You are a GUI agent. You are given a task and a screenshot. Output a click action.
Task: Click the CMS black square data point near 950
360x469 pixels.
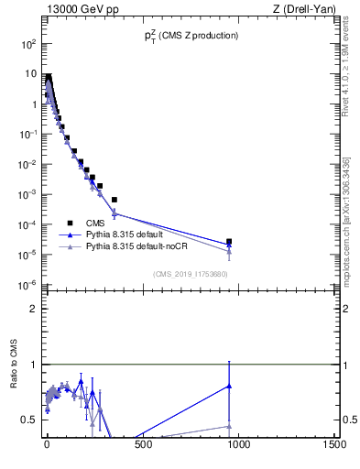pos(229,242)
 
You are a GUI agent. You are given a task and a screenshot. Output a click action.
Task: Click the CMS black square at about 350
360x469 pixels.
pos(114,200)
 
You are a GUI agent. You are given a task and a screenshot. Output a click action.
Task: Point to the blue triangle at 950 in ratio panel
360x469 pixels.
pos(229,386)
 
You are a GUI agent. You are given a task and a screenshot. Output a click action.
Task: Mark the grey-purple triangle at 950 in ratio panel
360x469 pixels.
pos(229,426)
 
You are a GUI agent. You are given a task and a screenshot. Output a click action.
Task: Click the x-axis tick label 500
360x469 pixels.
pos(142,446)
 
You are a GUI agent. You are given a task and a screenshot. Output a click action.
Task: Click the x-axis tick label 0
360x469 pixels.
pos(47,446)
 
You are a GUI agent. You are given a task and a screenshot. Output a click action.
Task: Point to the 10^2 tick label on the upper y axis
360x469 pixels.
pos(28,44)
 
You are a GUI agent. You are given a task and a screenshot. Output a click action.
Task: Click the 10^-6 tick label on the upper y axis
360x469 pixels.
pos(28,284)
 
